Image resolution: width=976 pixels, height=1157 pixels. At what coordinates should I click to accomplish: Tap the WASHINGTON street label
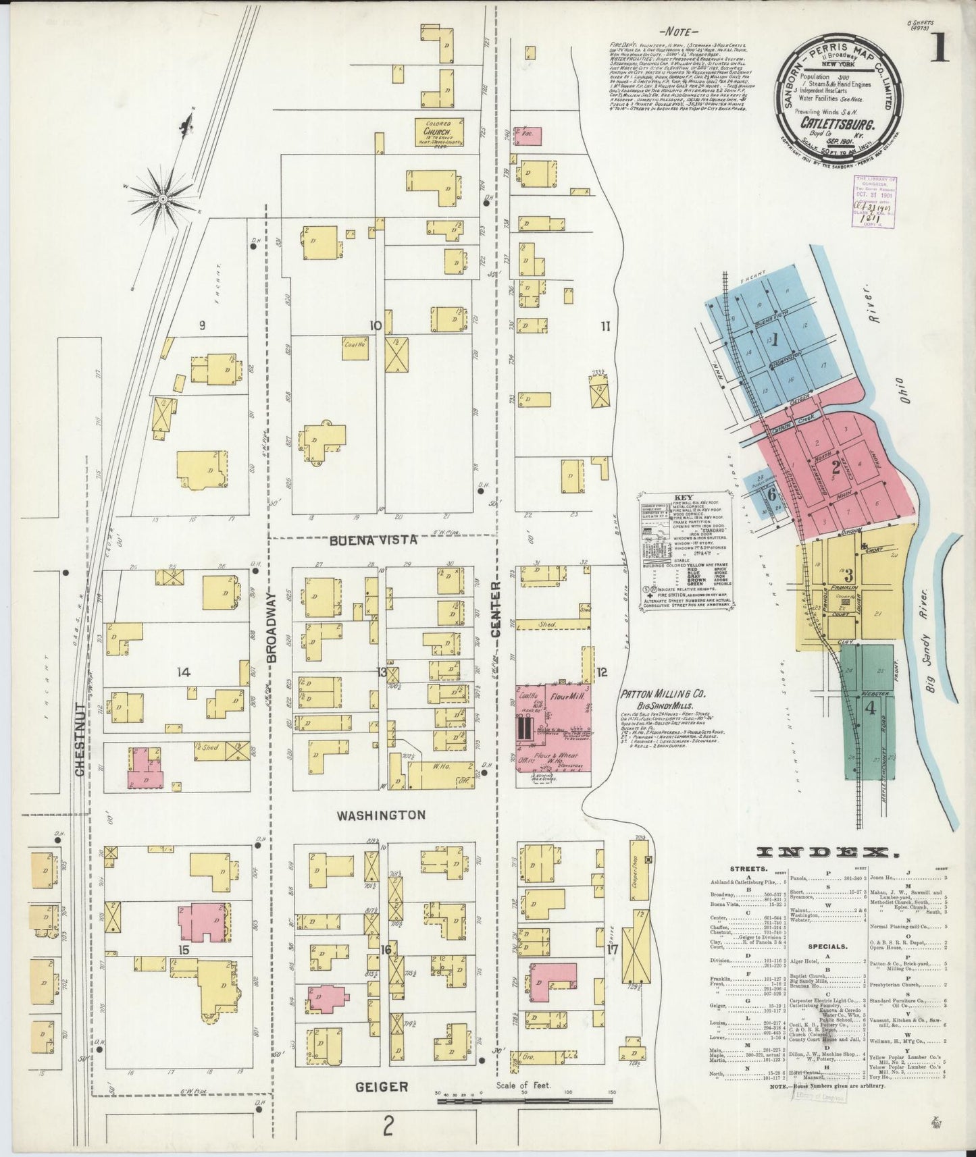point(382,815)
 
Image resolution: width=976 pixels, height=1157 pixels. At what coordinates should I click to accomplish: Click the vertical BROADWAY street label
point(272,626)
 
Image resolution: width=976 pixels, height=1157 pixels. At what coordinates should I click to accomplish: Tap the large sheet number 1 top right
point(940,51)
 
